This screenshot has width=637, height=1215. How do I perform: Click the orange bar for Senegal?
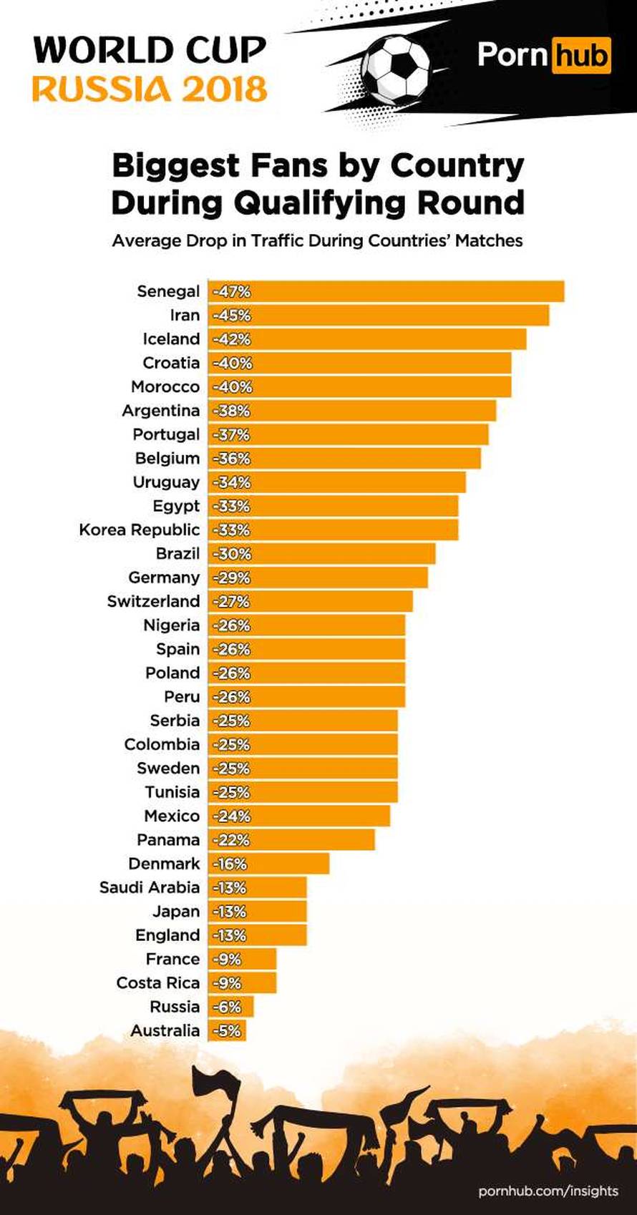(x=386, y=291)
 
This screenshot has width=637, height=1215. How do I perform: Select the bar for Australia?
(x=228, y=1030)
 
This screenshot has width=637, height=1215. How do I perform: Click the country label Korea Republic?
(x=140, y=530)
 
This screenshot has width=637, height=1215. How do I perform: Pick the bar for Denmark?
(x=269, y=864)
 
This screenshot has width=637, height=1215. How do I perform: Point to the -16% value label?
(x=230, y=864)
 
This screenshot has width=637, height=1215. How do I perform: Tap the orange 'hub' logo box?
(x=581, y=55)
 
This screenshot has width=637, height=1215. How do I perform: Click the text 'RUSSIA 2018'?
(x=150, y=90)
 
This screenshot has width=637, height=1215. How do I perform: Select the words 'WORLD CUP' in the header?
(x=150, y=50)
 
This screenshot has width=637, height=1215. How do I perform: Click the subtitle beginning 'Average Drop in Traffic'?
(x=317, y=240)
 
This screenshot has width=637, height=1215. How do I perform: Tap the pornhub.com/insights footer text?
(x=548, y=1191)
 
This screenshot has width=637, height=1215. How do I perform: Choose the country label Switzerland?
(x=153, y=601)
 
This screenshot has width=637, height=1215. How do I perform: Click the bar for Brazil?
(x=322, y=554)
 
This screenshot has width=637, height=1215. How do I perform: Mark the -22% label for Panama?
(x=231, y=840)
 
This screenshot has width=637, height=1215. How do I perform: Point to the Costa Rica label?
(x=158, y=982)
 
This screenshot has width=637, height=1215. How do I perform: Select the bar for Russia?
(x=231, y=1007)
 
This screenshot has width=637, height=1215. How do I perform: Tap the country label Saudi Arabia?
(x=150, y=887)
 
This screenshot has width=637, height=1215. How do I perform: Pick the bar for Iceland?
(x=368, y=339)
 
